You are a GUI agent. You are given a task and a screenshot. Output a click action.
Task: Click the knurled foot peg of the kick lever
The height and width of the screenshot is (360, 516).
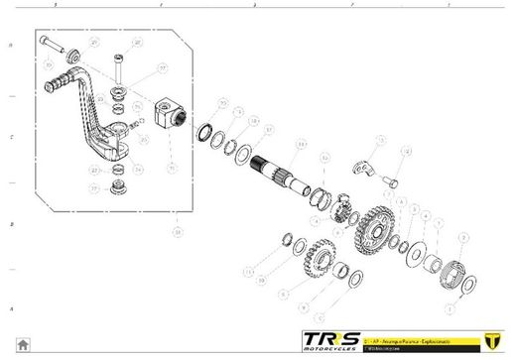click(66, 76)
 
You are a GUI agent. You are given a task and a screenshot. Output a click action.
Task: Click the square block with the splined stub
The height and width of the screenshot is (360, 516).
click(171, 112)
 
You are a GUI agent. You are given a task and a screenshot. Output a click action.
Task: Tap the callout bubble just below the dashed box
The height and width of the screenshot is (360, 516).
click(177, 232)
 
